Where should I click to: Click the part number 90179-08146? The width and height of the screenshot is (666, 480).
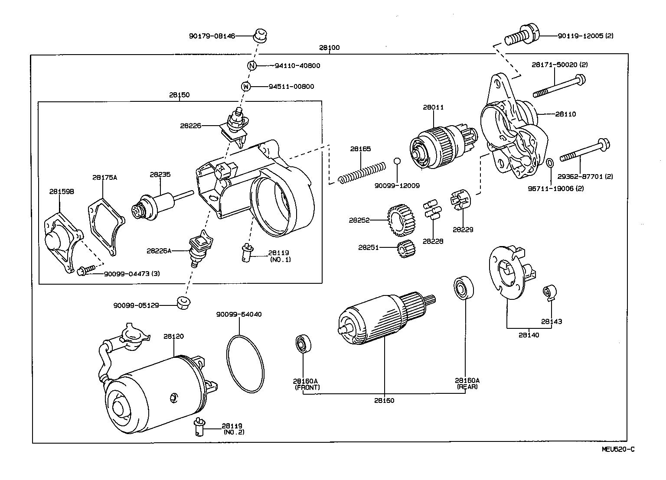(x=212, y=36)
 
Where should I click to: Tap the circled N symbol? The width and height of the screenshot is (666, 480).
(x=252, y=66)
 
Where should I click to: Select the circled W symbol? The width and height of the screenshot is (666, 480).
(x=246, y=86)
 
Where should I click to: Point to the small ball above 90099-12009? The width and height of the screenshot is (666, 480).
(x=397, y=162)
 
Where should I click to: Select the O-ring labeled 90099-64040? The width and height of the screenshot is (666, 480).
(x=245, y=362)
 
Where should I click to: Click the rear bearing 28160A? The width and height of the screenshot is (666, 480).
(x=464, y=287)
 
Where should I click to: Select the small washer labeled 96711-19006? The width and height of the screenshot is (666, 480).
(x=549, y=163)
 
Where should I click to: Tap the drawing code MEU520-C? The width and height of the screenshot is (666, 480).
(x=617, y=449)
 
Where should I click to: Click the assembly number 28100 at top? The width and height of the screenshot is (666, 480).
(x=329, y=48)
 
